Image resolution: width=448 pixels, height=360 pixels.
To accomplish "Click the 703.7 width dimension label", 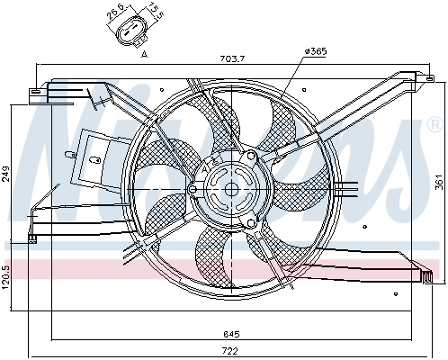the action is click(x=232, y=59).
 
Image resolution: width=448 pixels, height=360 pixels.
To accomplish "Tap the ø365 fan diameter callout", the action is click(x=316, y=51).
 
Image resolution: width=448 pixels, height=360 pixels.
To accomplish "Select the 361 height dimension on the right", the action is click(x=438, y=182).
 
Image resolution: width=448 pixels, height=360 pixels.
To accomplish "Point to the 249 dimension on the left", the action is click(x=6, y=174).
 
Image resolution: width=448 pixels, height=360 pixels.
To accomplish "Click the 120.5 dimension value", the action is click(x=6, y=276).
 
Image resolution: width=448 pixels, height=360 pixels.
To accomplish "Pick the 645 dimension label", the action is click(x=231, y=334).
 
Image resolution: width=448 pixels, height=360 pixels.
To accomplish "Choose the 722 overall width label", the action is click(x=231, y=350).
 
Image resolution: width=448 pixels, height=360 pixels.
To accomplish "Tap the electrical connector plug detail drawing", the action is click(x=131, y=34).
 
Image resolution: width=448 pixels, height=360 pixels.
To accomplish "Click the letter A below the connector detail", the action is click(x=145, y=54).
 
